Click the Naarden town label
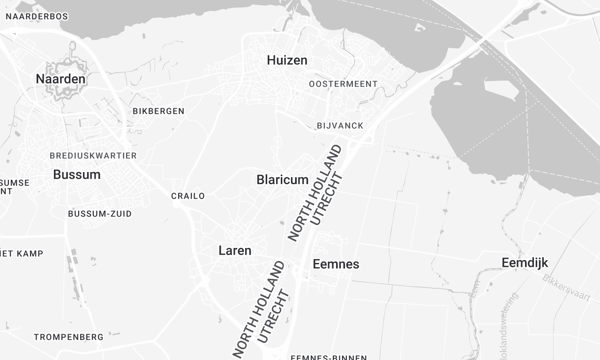pyautogui.click(x=60, y=78)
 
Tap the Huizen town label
pyautogui.click(x=287, y=60)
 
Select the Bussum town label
pyautogui.click(x=76, y=174)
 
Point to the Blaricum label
pyautogui.click(x=281, y=179)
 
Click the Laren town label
pyautogui.click(x=235, y=250)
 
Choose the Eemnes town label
pyautogui.click(x=336, y=264)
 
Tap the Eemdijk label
pyautogui.click(x=525, y=262)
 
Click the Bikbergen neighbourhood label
pyautogui.click(x=158, y=111)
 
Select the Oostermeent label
pyautogui.click(x=343, y=84)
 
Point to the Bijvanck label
pyautogui.click(x=340, y=125)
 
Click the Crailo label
pyautogui.click(x=188, y=196)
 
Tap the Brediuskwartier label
pyautogui.click(x=93, y=156)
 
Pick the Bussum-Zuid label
pyautogui.click(x=100, y=214)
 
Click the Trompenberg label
pyautogui.click(x=69, y=337)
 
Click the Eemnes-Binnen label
pyautogui.click(x=328, y=356)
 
